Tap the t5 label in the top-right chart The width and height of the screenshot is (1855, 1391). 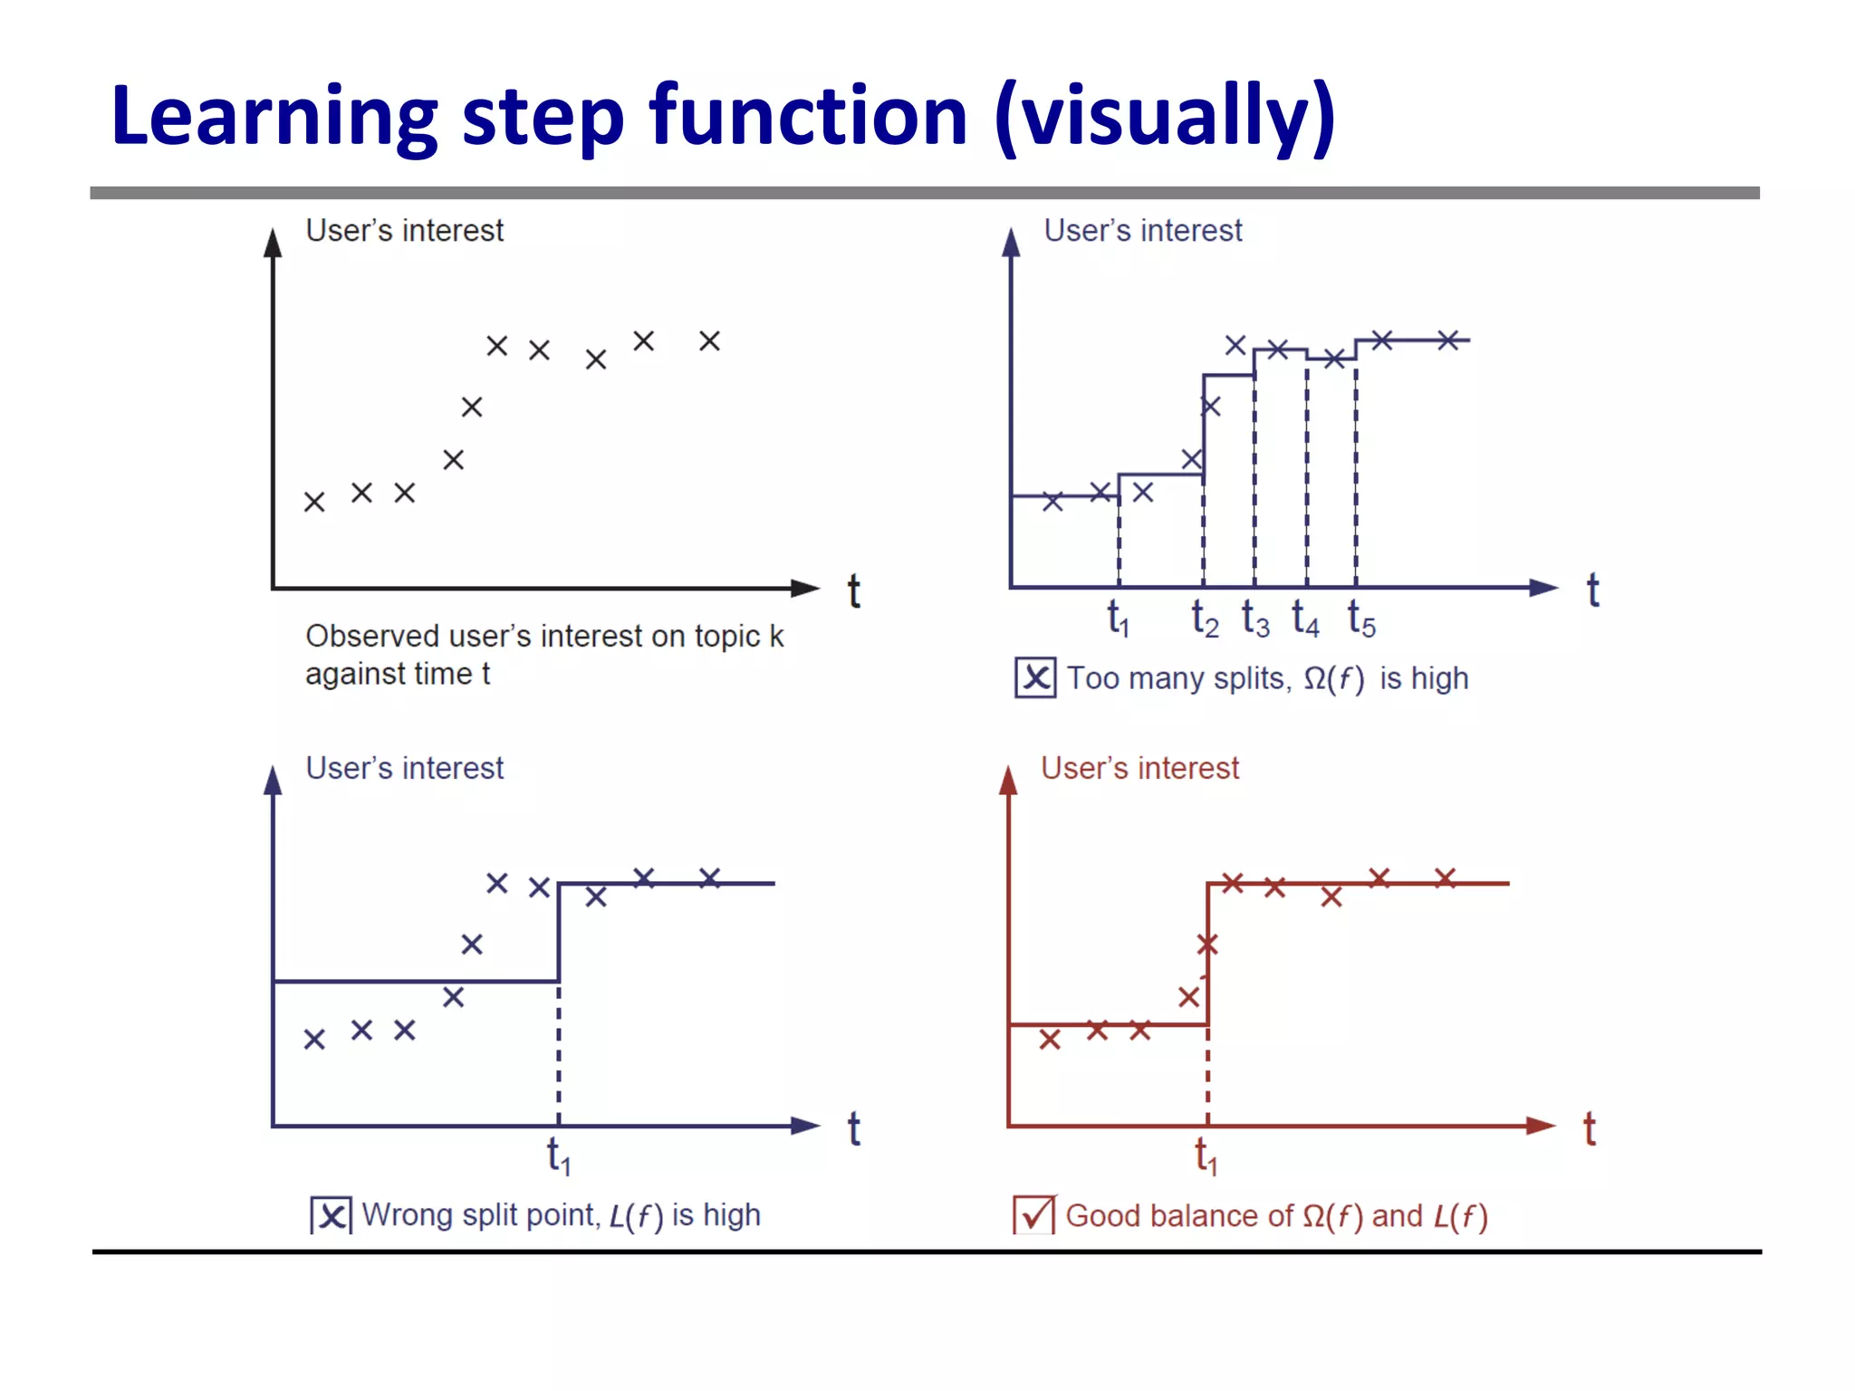point(1360,619)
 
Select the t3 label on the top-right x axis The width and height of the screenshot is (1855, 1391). point(1254,619)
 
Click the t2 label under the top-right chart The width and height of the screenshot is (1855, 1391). point(1204,619)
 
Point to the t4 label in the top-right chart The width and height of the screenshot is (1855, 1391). point(1305,619)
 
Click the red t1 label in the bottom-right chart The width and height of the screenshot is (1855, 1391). point(1206,1156)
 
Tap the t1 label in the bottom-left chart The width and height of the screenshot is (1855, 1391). point(558,1156)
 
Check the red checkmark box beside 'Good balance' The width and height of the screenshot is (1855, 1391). point(1033,1215)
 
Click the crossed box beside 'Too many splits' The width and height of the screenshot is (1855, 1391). point(1035,677)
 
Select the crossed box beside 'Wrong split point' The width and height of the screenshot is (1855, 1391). point(331,1215)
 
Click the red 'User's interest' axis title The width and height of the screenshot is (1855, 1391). point(1139,768)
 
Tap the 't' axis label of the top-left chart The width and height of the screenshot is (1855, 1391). point(853,591)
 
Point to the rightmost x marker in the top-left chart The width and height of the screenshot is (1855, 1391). point(709,341)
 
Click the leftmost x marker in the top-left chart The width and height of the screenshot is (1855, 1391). point(314,502)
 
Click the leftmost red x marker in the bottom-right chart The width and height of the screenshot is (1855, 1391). point(1050,1039)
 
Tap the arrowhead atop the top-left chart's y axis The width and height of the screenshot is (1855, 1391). point(273,243)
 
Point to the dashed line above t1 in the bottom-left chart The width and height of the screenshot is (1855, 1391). point(558,1050)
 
